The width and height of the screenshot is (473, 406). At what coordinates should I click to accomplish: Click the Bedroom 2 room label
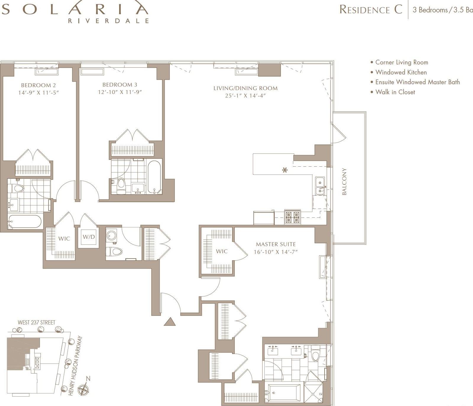point(38,85)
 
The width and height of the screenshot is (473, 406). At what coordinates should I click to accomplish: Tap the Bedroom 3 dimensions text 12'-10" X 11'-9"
point(120,92)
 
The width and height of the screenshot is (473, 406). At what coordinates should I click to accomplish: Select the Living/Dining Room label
point(245,88)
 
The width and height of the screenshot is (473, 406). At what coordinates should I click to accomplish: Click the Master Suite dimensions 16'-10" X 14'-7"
point(276,252)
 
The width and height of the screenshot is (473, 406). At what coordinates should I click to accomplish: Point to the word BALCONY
point(344,181)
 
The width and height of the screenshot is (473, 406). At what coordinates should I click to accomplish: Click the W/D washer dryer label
point(89,237)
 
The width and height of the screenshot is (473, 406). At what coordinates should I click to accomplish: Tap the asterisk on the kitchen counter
point(285,170)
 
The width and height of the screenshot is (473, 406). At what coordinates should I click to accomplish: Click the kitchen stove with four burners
point(292,217)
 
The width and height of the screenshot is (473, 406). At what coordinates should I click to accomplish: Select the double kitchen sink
point(320,186)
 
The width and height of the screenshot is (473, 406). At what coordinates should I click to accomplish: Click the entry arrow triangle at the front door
point(169,322)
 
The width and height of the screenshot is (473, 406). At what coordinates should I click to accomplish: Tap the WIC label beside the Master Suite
point(222,251)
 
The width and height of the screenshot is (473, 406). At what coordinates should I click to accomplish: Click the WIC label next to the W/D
point(64,238)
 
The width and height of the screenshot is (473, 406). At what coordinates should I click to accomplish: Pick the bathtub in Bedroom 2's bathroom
point(25,222)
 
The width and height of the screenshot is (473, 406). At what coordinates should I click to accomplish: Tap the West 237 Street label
point(36,322)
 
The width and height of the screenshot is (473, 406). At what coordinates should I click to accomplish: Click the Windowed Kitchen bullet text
point(401,72)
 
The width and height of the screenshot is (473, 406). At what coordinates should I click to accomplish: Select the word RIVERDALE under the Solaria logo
point(108,21)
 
